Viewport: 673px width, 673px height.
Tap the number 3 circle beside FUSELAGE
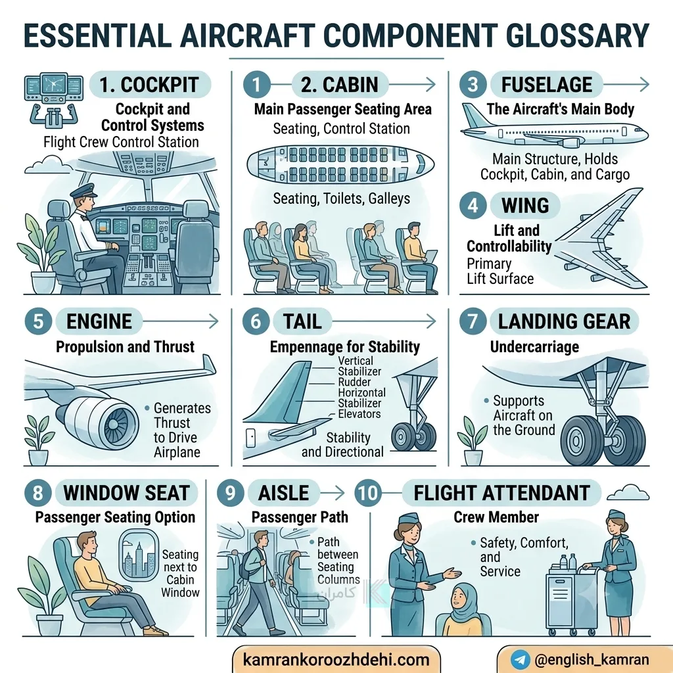(x=473, y=85)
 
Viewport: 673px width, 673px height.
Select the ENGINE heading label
(x=99, y=321)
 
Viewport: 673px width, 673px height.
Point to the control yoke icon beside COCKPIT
(x=53, y=114)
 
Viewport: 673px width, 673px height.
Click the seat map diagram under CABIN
(x=340, y=164)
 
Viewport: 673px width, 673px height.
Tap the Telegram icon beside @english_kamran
(x=521, y=659)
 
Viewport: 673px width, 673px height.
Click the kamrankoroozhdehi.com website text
(x=336, y=660)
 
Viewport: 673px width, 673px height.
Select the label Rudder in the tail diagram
(x=354, y=382)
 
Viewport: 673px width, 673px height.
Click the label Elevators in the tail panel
(x=360, y=414)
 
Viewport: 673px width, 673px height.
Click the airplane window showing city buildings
(x=138, y=555)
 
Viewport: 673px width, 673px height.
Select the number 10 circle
(x=368, y=493)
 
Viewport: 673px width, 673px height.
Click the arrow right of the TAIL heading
(x=384, y=321)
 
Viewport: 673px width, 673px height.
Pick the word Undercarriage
(x=534, y=347)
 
